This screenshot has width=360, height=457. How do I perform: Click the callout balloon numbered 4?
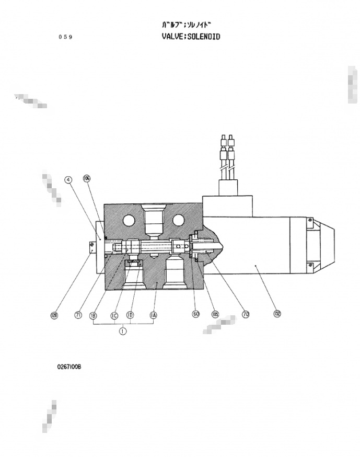coord(68,180)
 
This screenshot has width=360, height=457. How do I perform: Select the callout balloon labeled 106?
coord(87,178)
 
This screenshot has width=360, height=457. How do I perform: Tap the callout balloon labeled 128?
coord(54,315)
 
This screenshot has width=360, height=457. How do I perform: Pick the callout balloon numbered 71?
coord(78,315)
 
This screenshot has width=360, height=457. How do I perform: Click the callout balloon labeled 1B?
coord(94,315)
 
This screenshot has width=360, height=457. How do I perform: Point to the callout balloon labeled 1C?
coord(114,315)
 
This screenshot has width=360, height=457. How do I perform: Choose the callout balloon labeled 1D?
coord(131,315)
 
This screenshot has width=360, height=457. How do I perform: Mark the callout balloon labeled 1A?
coord(154,315)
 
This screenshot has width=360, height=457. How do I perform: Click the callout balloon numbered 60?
coord(196,314)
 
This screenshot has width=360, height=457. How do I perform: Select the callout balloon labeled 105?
coord(215,314)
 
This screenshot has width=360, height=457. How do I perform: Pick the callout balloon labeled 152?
coord(277,314)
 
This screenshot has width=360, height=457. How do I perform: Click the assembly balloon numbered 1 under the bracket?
coord(123,331)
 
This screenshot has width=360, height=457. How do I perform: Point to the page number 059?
coord(66,37)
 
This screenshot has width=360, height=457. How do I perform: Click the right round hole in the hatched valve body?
coord(179,219)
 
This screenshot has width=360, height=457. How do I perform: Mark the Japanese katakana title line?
coord(187,25)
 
